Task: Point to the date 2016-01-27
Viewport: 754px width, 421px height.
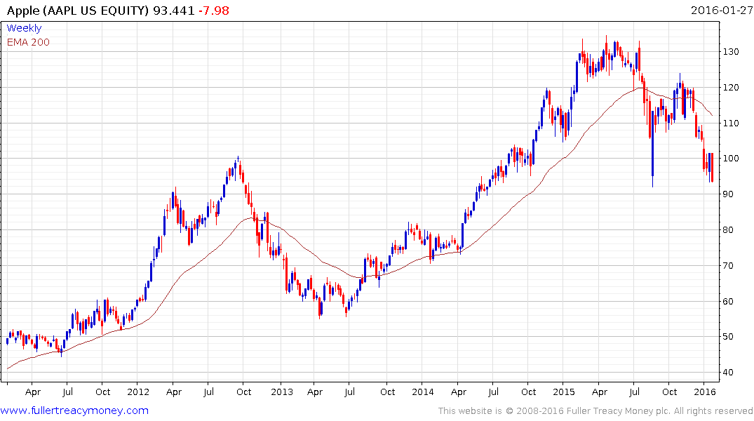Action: point(720,11)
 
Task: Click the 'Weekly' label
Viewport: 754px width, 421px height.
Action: point(24,28)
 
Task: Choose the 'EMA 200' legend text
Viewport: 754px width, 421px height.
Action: point(28,42)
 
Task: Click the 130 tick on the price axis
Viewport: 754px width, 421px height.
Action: point(733,52)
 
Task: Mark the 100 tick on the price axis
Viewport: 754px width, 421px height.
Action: point(733,159)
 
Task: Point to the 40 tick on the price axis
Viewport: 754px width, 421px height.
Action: point(730,373)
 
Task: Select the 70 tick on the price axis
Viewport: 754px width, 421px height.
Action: point(730,266)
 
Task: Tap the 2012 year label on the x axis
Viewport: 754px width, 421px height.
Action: point(138,392)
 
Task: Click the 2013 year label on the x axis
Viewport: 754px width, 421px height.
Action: point(281,392)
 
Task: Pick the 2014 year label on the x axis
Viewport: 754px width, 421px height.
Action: point(423,392)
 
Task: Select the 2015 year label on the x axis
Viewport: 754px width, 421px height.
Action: point(565,392)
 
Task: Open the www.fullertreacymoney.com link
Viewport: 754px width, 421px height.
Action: point(74,410)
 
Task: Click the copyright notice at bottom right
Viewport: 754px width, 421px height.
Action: point(595,411)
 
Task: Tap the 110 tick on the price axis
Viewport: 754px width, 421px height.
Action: point(733,123)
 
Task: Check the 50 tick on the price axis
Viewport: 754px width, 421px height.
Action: point(730,337)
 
